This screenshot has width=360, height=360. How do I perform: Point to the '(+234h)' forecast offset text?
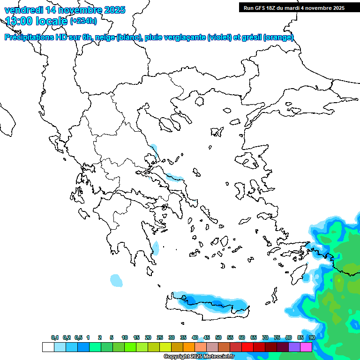click(83, 21)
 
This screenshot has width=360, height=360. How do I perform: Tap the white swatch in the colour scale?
click(48, 347)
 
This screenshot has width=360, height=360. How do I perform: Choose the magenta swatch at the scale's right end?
click(306, 347)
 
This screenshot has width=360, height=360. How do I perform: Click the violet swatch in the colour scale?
click(294, 347)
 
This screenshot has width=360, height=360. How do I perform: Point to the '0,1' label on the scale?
click(55, 337)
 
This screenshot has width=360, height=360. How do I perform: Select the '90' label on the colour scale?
click(312, 337)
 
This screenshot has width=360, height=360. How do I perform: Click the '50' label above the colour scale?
click(218, 337)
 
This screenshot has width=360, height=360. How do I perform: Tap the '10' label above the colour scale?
click(125, 337)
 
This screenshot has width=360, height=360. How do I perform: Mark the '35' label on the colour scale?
click(183, 337)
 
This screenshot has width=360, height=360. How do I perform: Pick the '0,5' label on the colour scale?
click(78, 337)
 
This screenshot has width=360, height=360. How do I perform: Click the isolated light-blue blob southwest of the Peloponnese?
click(116, 280)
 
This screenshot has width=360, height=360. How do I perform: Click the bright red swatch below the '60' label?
click(247, 347)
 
